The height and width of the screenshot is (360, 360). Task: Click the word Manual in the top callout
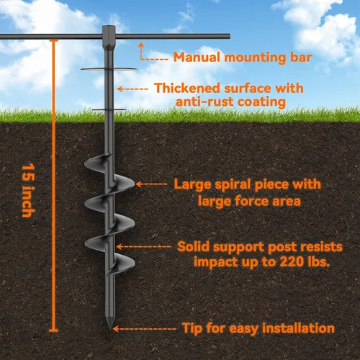coord(197,58)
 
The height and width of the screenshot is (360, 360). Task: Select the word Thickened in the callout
coord(187,88)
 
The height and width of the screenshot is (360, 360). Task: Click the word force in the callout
coord(252,201)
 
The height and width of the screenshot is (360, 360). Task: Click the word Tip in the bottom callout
coord(192,328)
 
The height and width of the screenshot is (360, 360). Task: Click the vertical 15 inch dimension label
coord(28,190)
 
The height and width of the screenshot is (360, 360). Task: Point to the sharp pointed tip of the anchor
coord(110,328)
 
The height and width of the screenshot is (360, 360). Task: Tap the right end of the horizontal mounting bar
coord(229,36)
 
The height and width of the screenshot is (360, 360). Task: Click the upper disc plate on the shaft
coord(109,69)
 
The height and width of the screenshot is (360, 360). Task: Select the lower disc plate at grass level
coord(109,109)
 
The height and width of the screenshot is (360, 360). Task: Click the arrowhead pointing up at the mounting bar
coord(141,45)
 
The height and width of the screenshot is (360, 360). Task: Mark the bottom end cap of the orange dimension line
coord(53,330)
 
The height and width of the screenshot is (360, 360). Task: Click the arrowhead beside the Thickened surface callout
coord(120,89)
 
